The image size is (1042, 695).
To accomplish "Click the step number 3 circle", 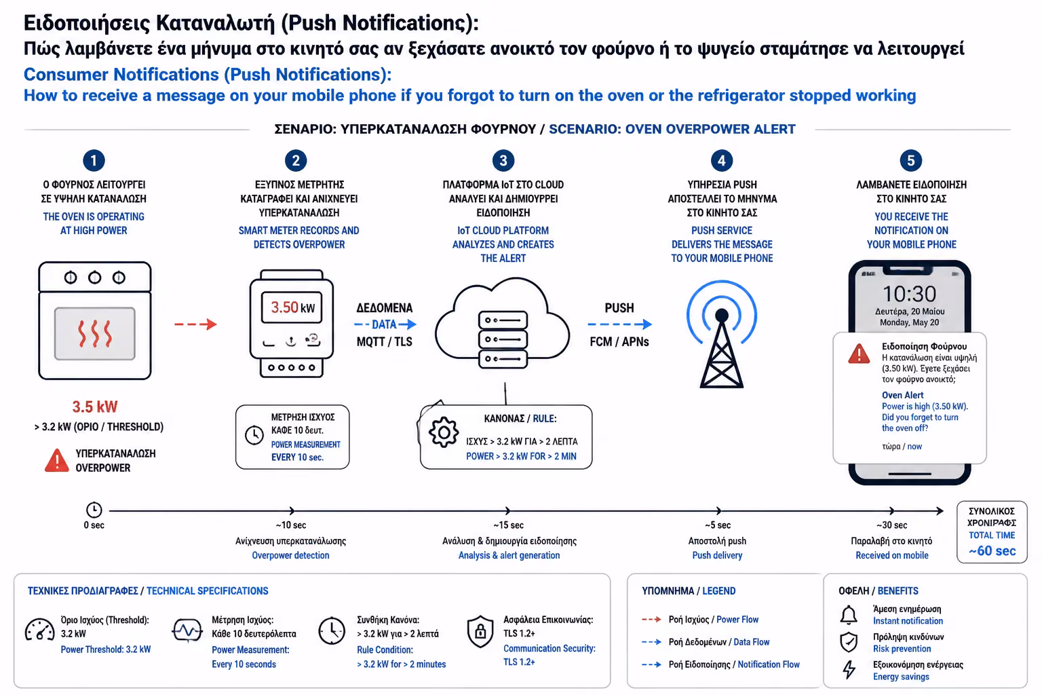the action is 503,161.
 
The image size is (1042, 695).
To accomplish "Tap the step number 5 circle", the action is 910,161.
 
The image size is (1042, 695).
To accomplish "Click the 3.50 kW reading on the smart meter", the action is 292,307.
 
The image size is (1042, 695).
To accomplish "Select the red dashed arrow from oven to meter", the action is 195,324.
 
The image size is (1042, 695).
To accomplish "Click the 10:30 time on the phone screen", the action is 910,294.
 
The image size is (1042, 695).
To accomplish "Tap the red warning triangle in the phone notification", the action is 859,354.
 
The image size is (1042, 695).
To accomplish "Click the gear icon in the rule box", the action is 443,432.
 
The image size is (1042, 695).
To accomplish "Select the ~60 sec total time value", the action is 992,550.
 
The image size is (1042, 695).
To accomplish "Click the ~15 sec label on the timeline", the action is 508,525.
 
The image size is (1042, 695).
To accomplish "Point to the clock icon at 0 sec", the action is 94,510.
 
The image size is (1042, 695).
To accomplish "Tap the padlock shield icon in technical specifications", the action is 480,631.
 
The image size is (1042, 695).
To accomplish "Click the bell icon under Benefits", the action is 849,614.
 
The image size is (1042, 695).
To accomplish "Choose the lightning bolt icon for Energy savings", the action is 849,670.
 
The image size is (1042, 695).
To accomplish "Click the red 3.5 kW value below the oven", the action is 95,407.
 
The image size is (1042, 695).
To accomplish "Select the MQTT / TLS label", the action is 384,341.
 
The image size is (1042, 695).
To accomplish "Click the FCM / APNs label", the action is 619,341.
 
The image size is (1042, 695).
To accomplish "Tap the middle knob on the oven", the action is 94,278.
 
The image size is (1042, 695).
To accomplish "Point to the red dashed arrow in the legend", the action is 652,619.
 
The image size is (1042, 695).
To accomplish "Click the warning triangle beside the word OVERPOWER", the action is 57,460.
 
